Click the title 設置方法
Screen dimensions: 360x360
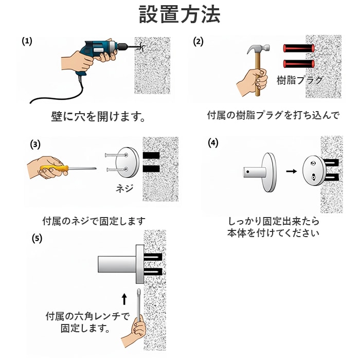pyautogui.click(x=180, y=14)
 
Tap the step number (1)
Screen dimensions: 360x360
pyautogui.click(x=27, y=41)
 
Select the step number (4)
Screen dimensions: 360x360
pyautogui.click(x=213, y=143)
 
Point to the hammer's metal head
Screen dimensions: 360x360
pyautogui.click(x=259, y=48)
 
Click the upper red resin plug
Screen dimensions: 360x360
pyautogui.click(x=299, y=48)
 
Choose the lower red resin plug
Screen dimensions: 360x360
pyautogui.click(x=299, y=64)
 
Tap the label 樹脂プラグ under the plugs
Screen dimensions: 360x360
pyautogui.click(x=300, y=80)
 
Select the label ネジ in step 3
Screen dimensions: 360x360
pyautogui.click(x=124, y=189)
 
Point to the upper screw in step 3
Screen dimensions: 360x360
pyautogui.click(x=116, y=155)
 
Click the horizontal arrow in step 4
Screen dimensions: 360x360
pyautogui.click(x=292, y=171)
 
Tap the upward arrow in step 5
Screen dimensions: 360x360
pyautogui.click(x=124, y=299)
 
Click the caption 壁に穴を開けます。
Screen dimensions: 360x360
pyautogui.click(x=98, y=117)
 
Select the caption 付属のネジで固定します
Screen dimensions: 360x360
pyautogui.click(x=94, y=221)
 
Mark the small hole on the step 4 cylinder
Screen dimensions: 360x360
pyautogui.click(x=248, y=171)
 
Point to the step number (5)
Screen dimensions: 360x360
pyautogui.click(x=37, y=239)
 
